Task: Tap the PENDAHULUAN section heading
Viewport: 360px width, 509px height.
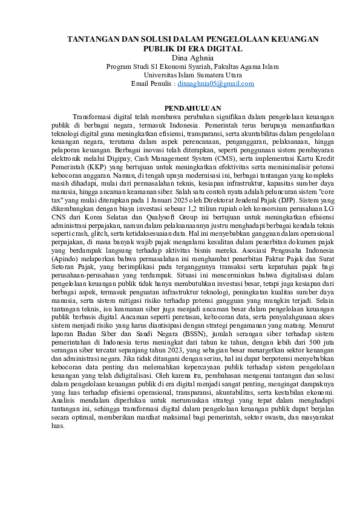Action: pyautogui.click(x=180, y=107)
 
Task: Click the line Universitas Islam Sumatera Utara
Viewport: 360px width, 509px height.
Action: pyautogui.click(x=180, y=75)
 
